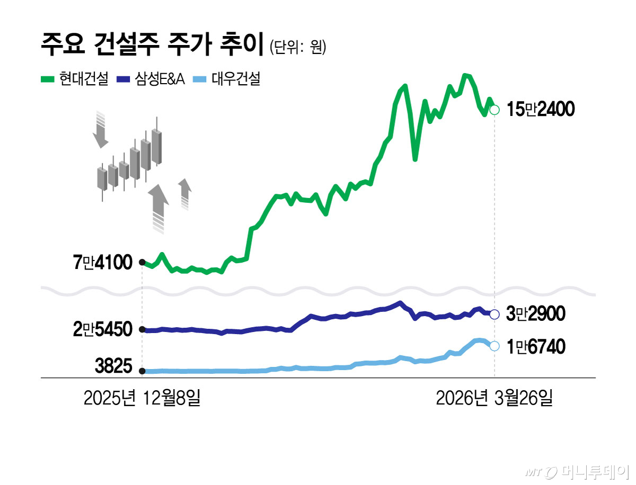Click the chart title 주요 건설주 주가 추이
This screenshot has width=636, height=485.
152,47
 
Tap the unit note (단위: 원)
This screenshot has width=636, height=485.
297,48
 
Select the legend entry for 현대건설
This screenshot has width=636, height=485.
75,80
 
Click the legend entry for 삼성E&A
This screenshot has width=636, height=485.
151,80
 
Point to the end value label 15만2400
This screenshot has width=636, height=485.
540,110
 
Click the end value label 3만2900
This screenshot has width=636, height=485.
535,315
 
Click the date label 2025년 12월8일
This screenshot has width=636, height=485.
142,398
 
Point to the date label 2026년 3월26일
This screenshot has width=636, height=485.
494,398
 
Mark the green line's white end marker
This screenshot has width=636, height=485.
494,110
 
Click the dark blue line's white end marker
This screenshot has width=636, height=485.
494,315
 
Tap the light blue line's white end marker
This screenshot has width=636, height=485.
494,346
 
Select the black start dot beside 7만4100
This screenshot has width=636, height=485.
142,262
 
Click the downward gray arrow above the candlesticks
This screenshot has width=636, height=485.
100,130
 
